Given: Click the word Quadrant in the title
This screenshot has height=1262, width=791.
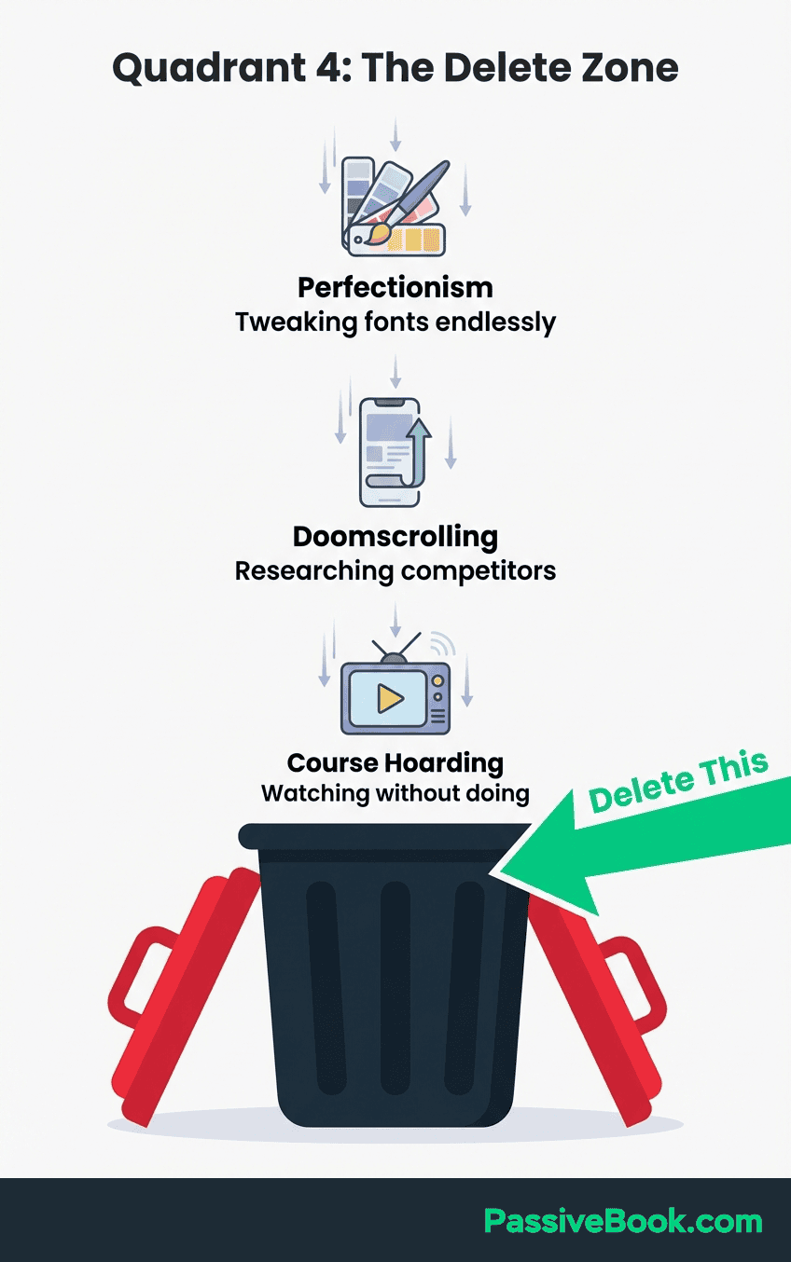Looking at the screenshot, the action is tap(209, 69).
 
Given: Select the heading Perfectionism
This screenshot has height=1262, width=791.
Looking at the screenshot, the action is tap(395, 288).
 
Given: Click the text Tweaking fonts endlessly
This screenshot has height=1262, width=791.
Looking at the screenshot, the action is tap(395, 322).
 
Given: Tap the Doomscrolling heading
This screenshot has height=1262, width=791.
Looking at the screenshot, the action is tap(395, 536).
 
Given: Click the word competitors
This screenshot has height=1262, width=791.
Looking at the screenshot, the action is tap(479, 572).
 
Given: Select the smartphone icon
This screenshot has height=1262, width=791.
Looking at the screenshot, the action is tap(390, 452).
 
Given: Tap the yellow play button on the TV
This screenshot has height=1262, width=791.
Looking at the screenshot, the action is tap(390, 698).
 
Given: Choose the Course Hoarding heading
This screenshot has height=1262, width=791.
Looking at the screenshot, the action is tap(395, 763).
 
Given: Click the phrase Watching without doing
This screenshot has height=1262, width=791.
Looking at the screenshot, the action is tap(395, 794).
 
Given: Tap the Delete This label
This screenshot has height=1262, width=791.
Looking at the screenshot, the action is tap(678, 782).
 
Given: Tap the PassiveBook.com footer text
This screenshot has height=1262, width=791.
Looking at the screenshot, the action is tap(623, 1221).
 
